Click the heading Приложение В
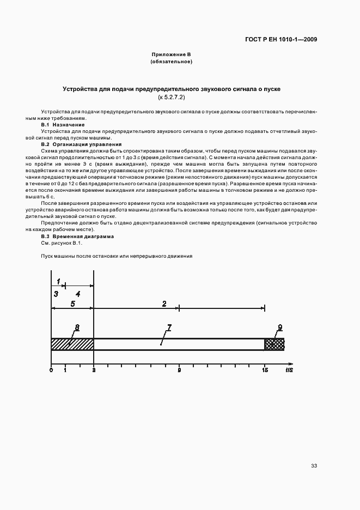click(x=171, y=54)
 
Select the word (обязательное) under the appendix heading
click(x=171, y=62)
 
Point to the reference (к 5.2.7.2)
click(x=171, y=97)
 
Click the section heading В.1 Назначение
click(x=63, y=125)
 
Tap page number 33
click(x=314, y=466)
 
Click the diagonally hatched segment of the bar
click(x=72, y=344)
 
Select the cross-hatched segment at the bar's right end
click(x=274, y=344)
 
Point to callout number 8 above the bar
click(x=77, y=327)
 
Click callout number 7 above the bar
click(x=169, y=327)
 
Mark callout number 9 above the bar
click(x=280, y=327)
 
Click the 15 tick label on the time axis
click(x=265, y=371)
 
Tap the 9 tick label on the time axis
click(x=179, y=371)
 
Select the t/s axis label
click(x=289, y=371)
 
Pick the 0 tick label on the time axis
click(x=51, y=371)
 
